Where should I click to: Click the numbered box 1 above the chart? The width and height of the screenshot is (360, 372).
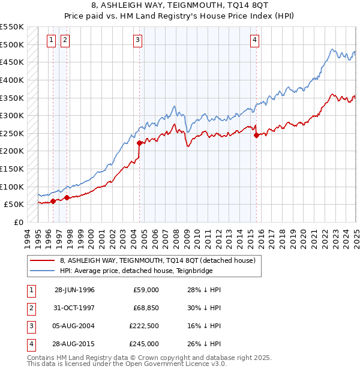(x=50, y=40)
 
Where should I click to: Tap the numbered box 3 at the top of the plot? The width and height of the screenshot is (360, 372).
(x=138, y=40)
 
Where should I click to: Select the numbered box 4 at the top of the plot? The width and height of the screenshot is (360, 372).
(x=255, y=40)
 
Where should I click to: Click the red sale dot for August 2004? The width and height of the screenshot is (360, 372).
(x=139, y=143)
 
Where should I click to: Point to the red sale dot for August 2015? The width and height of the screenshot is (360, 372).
(x=257, y=135)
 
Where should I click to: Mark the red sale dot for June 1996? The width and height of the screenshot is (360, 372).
(x=53, y=201)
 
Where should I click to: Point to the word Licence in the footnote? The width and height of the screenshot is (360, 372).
(x=198, y=363)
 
